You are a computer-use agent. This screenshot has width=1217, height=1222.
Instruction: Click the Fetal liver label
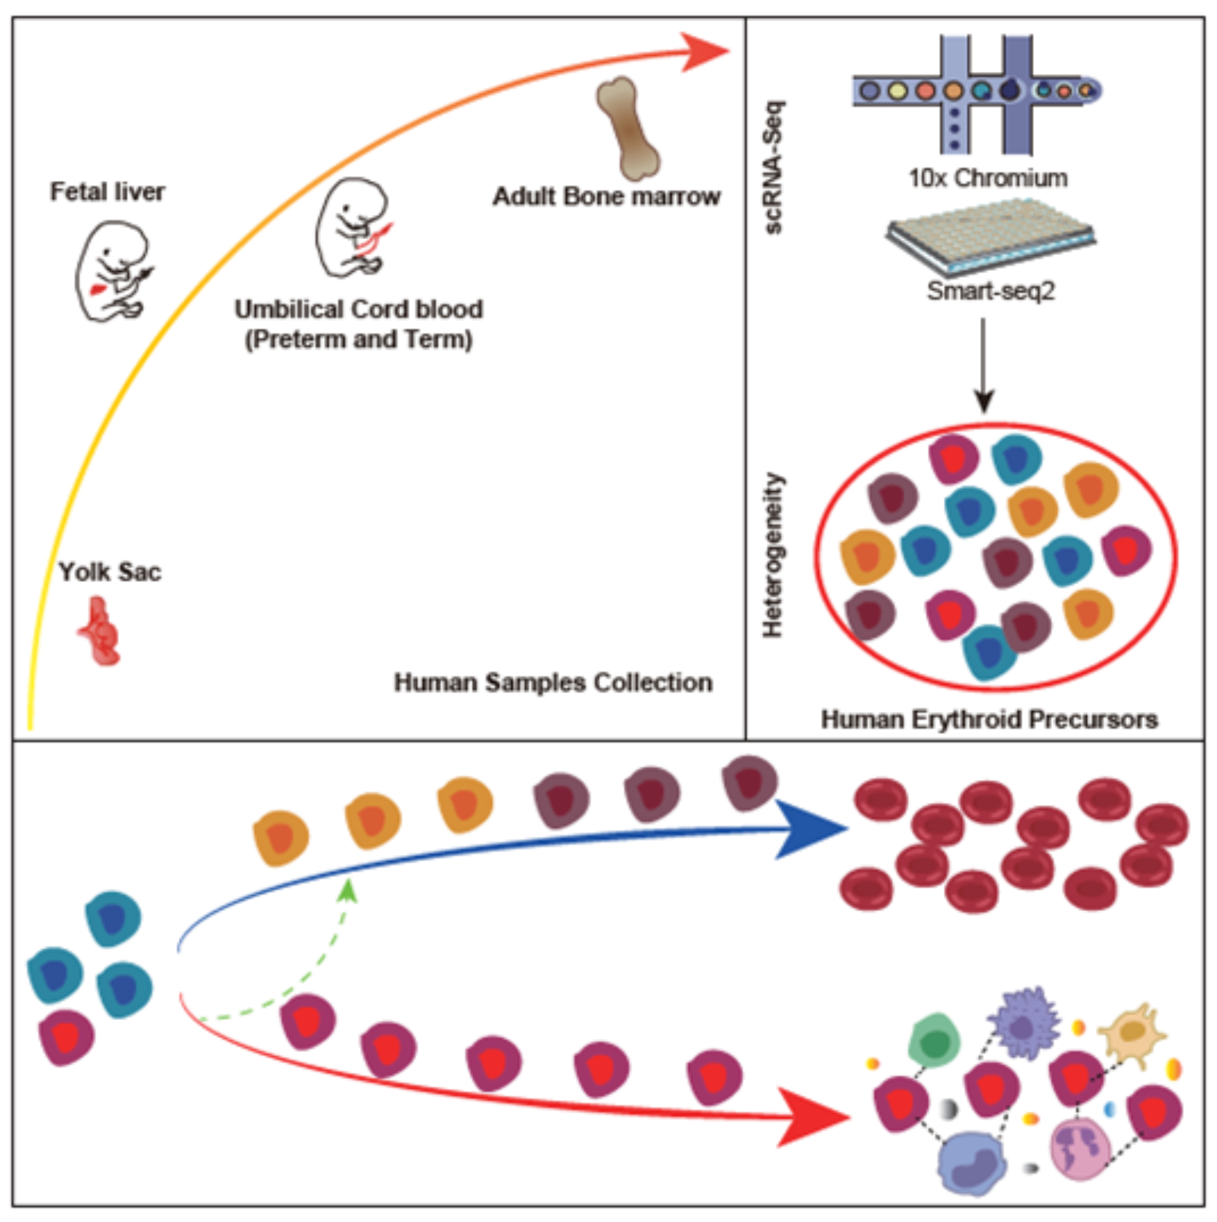click(x=108, y=192)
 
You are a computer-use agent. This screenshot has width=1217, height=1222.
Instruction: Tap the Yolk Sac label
click(x=110, y=572)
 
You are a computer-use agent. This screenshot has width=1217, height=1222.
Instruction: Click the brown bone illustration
click(x=627, y=128)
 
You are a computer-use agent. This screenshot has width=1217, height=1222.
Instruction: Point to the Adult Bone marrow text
click(x=607, y=196)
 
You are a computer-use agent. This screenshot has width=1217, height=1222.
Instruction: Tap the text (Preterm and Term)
click(x=358, y=339)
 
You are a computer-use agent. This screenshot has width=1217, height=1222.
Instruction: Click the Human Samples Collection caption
click(x=553, y=682)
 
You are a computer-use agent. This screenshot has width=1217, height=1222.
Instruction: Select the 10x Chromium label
click(x=988, y=178)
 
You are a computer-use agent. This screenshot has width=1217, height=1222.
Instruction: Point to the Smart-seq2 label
click(x=990, y=291)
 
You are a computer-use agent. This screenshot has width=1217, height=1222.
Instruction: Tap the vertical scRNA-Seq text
click(x=775, y=167)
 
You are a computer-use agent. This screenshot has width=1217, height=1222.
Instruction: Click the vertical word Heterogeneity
click(x=772, y=556)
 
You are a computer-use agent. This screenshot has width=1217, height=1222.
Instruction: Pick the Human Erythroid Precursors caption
click(x=990, y=719)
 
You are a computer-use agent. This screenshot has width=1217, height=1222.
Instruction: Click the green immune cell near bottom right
click(x=934, y=1040)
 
